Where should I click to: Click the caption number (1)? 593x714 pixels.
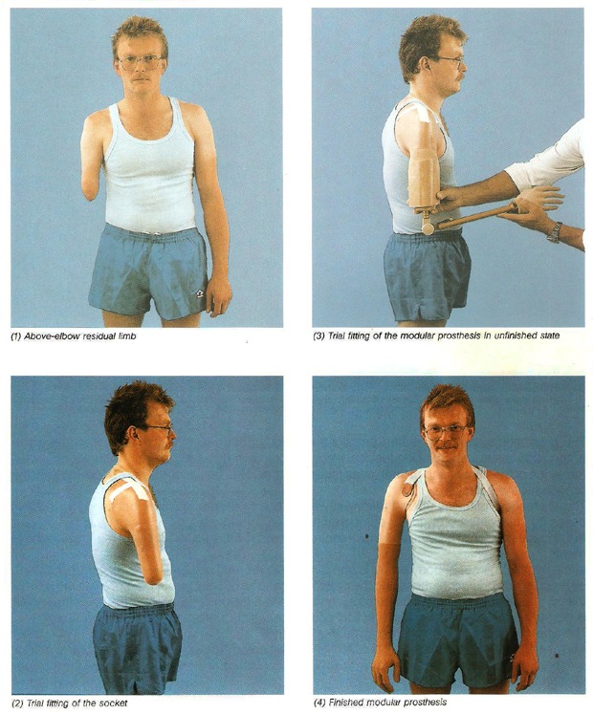click(x=16, y=337)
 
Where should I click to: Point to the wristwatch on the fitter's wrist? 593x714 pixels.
click(x=554, y=232)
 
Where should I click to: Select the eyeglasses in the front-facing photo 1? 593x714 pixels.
click(x=140, y=62)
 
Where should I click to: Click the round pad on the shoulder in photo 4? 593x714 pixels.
click(x=406, y=489)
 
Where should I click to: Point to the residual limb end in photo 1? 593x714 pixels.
click(x=90, y=192)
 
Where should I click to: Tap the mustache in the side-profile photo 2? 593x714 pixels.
click(x=169, y=443)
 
